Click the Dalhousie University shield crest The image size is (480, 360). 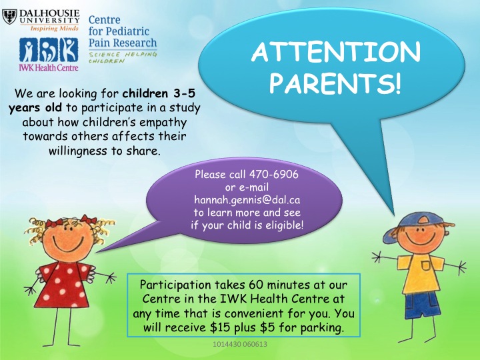tap(9, 17)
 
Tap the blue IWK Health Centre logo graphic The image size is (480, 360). tap(49, 50)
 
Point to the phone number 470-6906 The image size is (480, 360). tap(274, 174)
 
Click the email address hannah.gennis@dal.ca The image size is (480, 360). tap(247, 200)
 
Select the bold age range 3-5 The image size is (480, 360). tap(184, 93)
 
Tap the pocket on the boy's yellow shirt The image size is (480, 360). tap(426, 265)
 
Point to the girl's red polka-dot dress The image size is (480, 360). tap(64, 285)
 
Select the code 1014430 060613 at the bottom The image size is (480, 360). tap(240, 345)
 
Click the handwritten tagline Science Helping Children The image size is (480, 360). tap(123, 57)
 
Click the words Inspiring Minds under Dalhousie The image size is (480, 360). tap(54, 29)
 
